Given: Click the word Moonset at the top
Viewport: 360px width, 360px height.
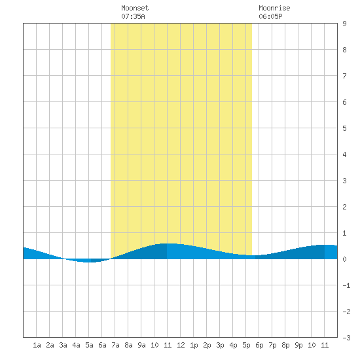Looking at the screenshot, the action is pos(135,8).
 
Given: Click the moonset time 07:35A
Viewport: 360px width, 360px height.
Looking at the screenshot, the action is pos(133,16).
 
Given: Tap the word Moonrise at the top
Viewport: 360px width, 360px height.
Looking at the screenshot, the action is pos(274,8).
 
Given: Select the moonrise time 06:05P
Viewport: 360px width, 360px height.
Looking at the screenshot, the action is pos(270,16).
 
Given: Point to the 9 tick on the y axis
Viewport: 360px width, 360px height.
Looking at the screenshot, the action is pos(344,24).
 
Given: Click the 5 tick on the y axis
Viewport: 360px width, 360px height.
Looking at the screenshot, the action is pos(344,128).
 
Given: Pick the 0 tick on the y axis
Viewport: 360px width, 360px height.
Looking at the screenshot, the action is pos(344,259).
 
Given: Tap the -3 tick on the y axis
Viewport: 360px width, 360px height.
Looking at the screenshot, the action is pos(346,338).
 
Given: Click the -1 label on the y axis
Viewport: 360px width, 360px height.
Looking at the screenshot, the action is pos(346,285).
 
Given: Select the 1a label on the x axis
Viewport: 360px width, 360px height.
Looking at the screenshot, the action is pos(37,345).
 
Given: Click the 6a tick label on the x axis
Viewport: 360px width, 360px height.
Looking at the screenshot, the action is pos(102,345).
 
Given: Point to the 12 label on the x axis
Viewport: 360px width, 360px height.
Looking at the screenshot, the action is pos(181,345).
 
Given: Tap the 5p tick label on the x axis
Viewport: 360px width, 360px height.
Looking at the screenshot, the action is pos(246,345).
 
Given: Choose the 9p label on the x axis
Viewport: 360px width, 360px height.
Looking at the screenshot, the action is pos(298,345).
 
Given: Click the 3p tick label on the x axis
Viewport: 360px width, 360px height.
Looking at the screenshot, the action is pos(220,345).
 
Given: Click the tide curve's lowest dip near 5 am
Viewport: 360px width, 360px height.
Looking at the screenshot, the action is pos(88,262).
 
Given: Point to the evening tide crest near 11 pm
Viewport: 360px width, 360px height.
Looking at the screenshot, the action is pos(326,245).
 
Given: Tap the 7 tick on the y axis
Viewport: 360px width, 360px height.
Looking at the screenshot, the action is pos(344,76).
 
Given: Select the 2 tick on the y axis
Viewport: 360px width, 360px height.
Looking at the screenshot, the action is pos(344,207).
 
